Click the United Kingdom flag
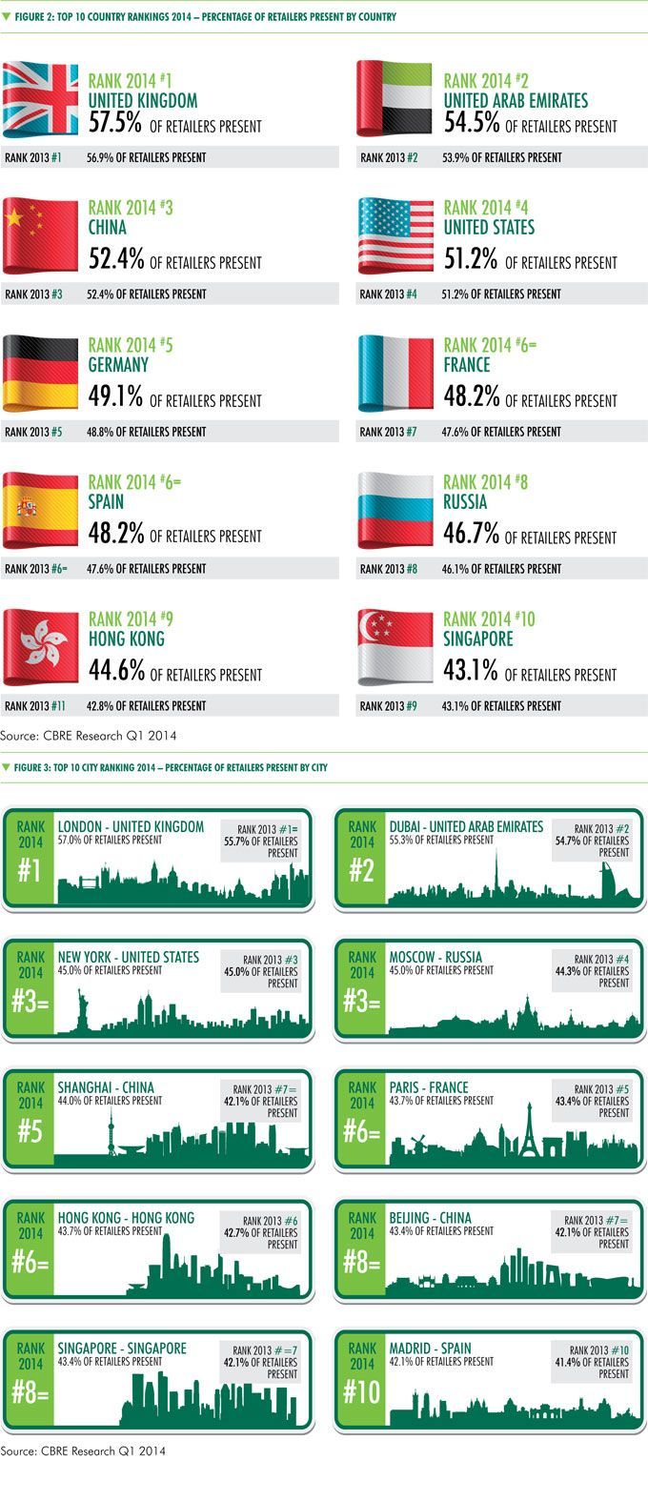40,99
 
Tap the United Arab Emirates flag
395,98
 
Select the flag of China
40,235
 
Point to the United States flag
395,235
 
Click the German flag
40,374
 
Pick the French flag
395,373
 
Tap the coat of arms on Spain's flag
27,507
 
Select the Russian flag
395,510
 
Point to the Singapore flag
395,647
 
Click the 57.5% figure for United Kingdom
115,123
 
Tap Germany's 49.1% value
115,396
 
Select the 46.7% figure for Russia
471,534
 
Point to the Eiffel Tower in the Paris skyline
530,1130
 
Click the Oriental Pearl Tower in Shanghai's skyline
111,1128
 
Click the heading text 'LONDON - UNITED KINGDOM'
131,827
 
